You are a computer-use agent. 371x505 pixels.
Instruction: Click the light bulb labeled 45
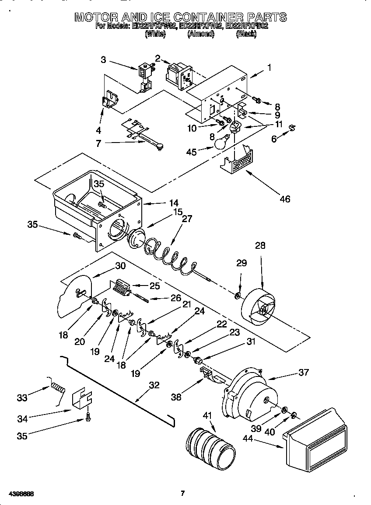(x=222, y=142)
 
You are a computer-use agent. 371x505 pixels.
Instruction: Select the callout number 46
(x=285, y=199)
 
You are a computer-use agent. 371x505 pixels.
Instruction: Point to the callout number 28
(x=260, y=246)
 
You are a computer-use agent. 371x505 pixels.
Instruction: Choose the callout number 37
(x=303, y=372)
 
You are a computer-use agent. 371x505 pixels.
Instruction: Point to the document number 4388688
(x=21, y=494)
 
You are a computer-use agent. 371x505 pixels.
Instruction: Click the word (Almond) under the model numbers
(x=200, y=34)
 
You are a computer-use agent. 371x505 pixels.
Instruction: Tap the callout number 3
(x=103, y=60)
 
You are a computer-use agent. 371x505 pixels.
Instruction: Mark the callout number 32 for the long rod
(x=154, y=386)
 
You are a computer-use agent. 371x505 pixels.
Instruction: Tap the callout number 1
(x=269, y=67)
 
